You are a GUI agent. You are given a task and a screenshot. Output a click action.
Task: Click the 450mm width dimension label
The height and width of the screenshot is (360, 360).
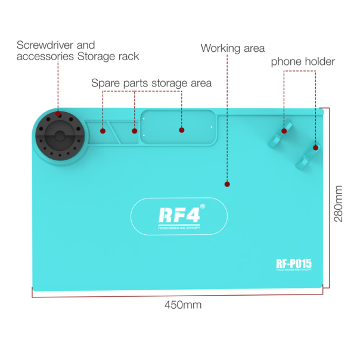183,305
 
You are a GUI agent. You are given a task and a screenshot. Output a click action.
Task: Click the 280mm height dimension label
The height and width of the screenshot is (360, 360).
339,203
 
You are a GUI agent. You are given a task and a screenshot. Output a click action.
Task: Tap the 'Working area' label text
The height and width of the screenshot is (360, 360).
232,48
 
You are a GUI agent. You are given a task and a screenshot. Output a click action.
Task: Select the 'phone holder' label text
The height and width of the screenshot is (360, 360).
303,61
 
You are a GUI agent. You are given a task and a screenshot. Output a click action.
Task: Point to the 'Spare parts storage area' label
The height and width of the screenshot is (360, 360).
151,83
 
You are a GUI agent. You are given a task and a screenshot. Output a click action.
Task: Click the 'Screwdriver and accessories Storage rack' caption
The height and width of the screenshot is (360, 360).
77,51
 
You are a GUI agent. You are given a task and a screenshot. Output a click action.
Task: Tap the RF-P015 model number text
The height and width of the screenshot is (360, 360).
294,263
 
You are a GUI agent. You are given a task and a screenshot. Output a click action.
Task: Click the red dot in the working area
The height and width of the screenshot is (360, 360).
226,184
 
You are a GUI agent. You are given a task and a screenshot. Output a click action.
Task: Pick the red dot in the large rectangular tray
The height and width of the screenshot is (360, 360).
181,129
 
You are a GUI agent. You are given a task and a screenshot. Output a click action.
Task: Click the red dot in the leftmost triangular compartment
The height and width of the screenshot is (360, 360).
103,130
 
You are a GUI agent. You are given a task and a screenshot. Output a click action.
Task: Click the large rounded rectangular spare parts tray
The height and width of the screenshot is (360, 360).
177,128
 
